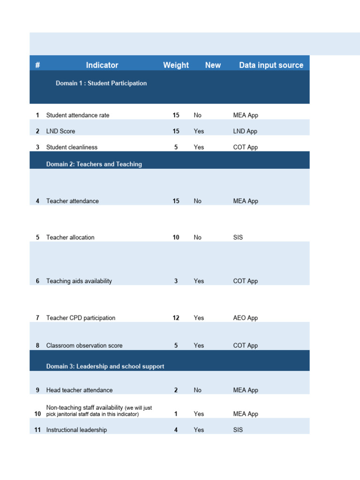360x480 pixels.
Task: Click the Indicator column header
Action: tap(102, 65)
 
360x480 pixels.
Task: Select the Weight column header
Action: tap(176, 65)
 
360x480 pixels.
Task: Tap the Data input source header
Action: tap(271, 65)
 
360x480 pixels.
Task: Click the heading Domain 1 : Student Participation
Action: tap(101, 83)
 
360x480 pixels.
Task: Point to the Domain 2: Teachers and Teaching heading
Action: tap(94, 164)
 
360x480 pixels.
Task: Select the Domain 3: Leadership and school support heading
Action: tap(105, 366)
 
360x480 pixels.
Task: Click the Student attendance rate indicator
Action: tap(78, 115)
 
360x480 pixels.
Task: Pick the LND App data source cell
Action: tap(245, 131)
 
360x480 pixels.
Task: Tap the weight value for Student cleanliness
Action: tap(176, 147)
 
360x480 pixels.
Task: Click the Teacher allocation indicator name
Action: tap(70, 238)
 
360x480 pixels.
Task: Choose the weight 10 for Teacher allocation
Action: tap(176, 238)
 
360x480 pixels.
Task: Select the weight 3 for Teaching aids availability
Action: tap(176, 281)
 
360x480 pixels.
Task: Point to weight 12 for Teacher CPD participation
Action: tap(176, 318)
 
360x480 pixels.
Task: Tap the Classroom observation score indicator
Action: tap(84, 345)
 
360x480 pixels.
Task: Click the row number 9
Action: tap(37, 390)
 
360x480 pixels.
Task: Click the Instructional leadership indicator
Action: tap(76, 430)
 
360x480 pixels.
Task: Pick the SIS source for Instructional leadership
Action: tap(238, 430)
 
